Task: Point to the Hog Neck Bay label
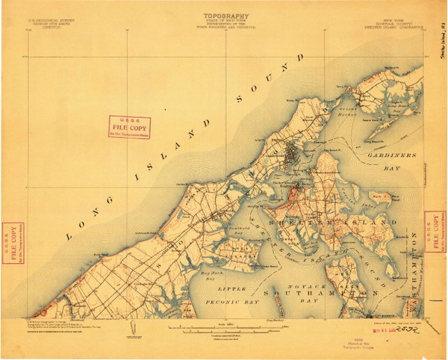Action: coord(199,275)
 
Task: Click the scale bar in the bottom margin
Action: coord(224,324)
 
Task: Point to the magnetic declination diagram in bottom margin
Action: coord(133,329)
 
